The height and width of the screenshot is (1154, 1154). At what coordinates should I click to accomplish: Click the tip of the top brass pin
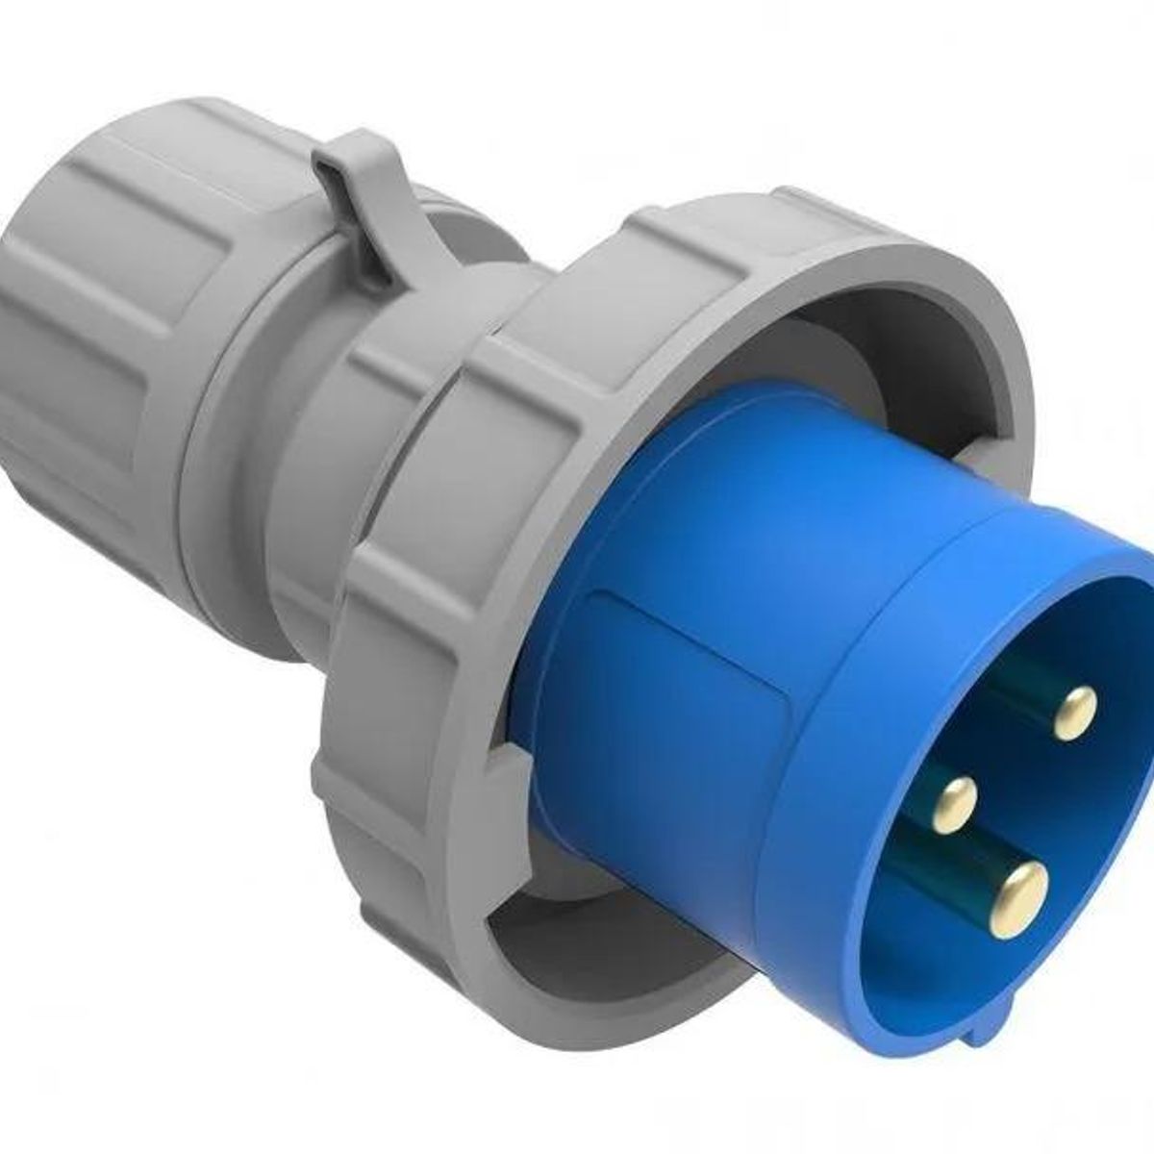pyautogui.click(x=1075, y=714)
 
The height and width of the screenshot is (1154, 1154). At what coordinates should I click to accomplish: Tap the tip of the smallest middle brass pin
pyautogui.click(x=954, y=798)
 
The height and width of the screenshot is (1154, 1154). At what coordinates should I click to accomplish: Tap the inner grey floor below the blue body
pyautogui.click(x=577, y=923)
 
